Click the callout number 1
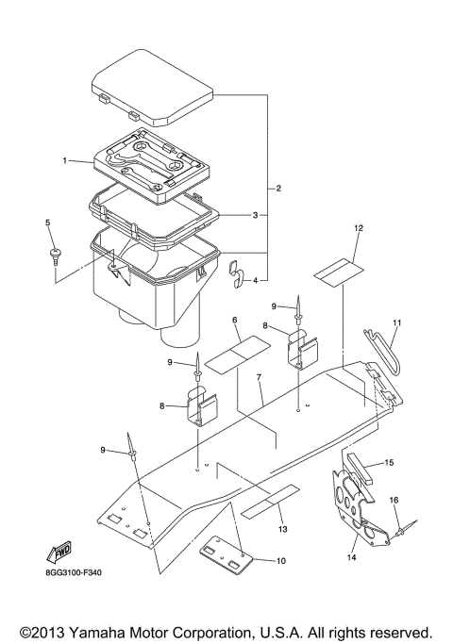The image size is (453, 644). [x=65, y=161]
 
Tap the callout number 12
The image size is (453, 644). [x=359, y=229]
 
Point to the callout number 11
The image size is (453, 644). [x=397, y=323]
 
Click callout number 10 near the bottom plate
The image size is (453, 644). [x=280, y=561]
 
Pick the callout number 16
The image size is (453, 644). [x=394, y=499]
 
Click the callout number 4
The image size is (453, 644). [x=255, y=280]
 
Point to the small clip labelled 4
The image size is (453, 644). [x=237, y=273]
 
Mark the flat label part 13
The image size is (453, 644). [x=270, y=500]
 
